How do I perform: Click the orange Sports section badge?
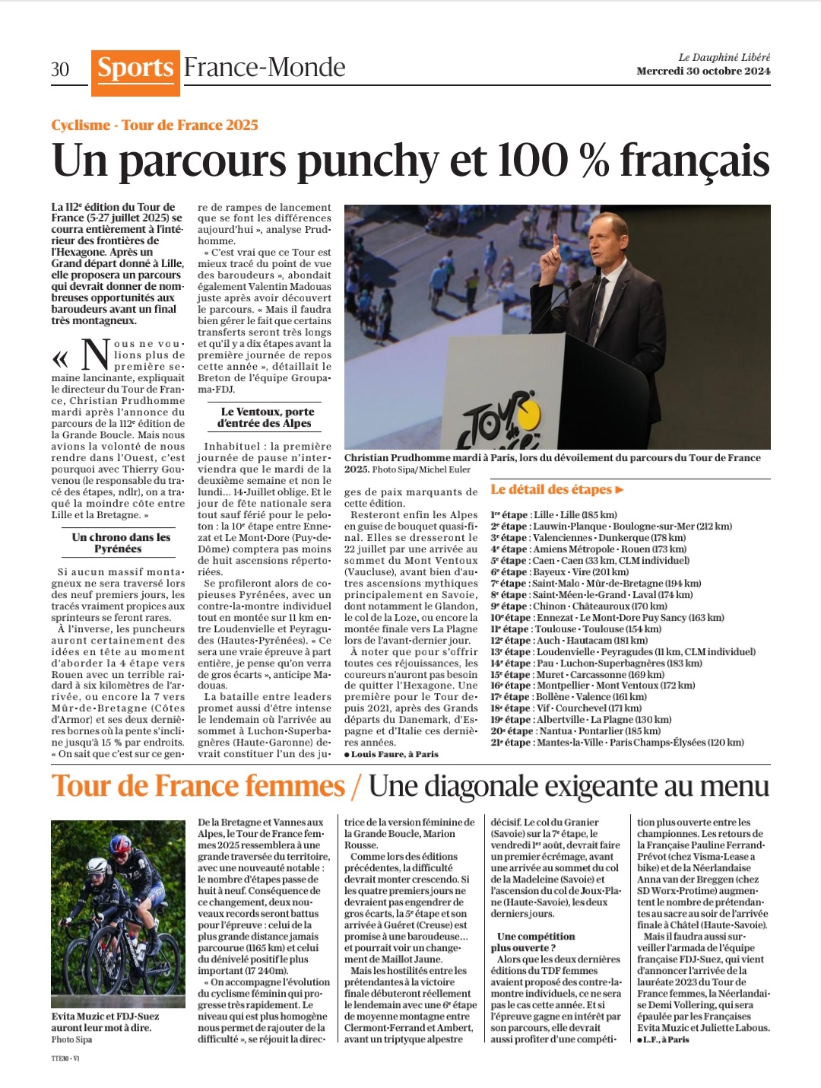pos(135,68)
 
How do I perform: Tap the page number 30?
pos(60,69)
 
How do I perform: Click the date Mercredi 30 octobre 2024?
pos(703,71)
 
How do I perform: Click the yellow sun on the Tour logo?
pos(529,415)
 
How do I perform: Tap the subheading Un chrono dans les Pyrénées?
pos(120,542)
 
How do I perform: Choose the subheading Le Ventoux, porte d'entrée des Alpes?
pos(265,417)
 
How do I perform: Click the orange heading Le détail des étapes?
pos(556,489)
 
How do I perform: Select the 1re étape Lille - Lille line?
pos(553,515)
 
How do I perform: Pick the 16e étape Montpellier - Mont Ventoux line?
pos(592,686)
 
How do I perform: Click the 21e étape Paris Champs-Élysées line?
pos(617,743)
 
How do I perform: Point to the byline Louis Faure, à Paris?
pos(392,754)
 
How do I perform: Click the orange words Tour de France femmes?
pos(198,786)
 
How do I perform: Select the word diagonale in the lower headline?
pos(483,786)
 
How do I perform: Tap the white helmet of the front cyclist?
pos(97,865)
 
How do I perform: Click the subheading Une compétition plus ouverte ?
pos(535,942)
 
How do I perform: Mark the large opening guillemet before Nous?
pos(61,358)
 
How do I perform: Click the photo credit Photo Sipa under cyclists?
pos(71,1039)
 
